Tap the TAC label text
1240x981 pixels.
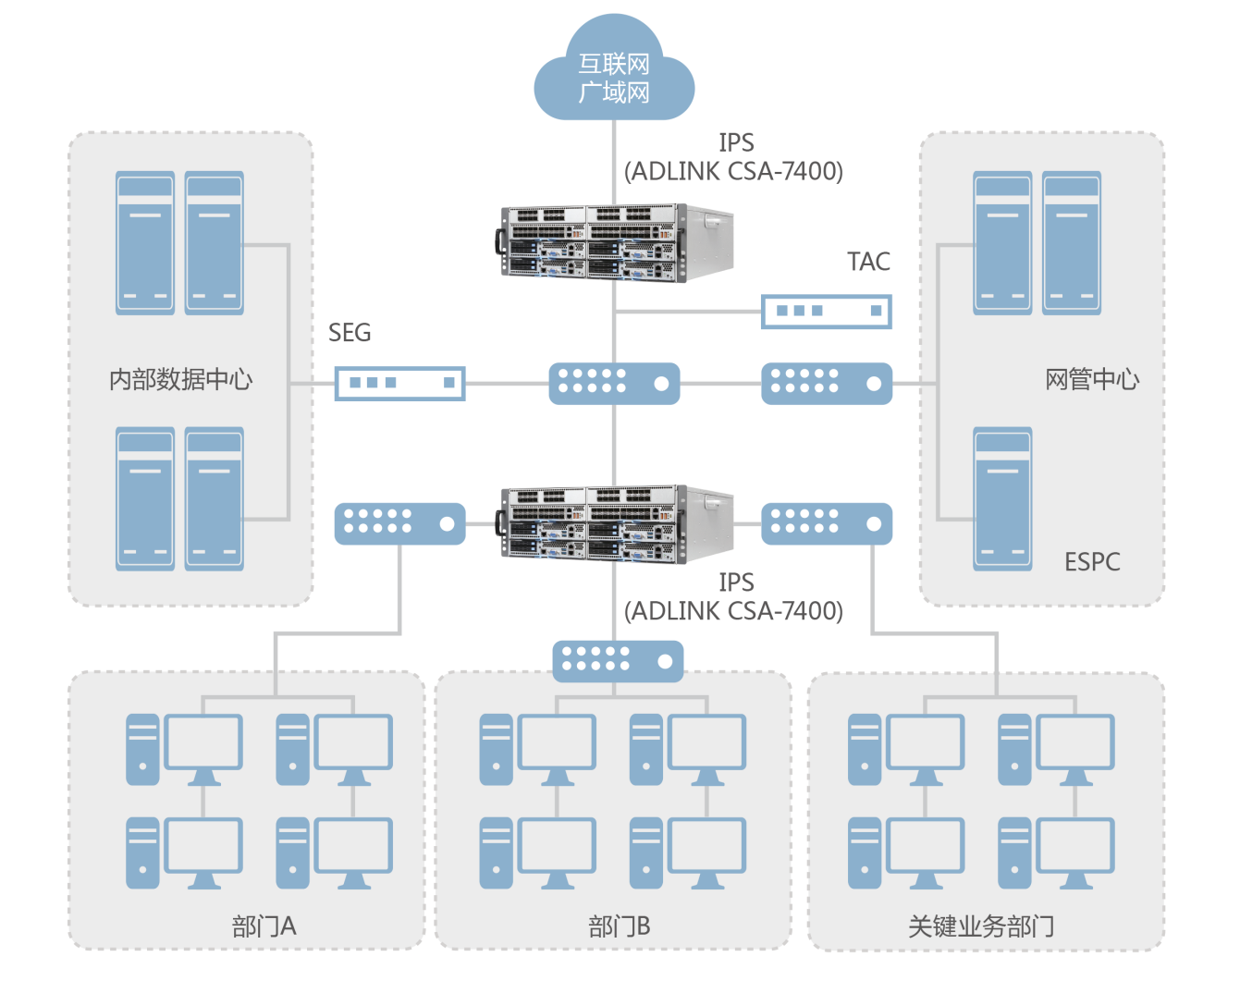pos(868,262)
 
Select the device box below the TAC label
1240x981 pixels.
pos(827,312)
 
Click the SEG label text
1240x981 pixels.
pos(350,333)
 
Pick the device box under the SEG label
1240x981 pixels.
pos(399,383)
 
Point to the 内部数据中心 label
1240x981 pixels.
pos(180,379)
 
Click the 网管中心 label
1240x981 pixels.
pos(1092,379)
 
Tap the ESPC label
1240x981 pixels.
pos(1092,561)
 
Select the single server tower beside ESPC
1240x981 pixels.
pos(1002,498)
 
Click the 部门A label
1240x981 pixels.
pos(264,926)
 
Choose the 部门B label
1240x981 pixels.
pos(619,926)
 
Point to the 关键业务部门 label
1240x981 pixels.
pos(981,926)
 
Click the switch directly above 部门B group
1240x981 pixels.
pos(618,660)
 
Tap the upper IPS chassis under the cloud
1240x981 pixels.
pos(616,242)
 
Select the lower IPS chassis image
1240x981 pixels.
pos(616,523)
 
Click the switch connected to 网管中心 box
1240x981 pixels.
pos(827,383)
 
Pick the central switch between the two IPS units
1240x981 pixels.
pos(614,383)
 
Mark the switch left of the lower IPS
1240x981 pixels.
pos(399,523)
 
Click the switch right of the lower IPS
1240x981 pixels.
pos(827,523)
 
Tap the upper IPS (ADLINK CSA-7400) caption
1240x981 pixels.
pos(734,157)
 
